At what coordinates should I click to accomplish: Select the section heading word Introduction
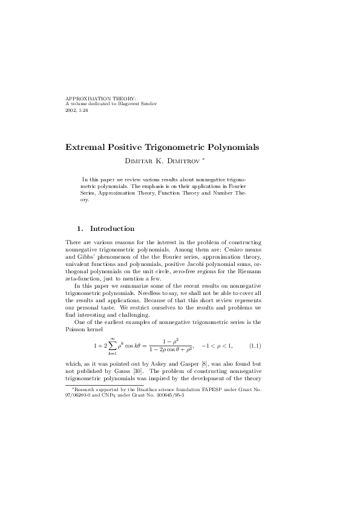(x=112, y=229)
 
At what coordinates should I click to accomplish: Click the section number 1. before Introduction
(x=80, y=229)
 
